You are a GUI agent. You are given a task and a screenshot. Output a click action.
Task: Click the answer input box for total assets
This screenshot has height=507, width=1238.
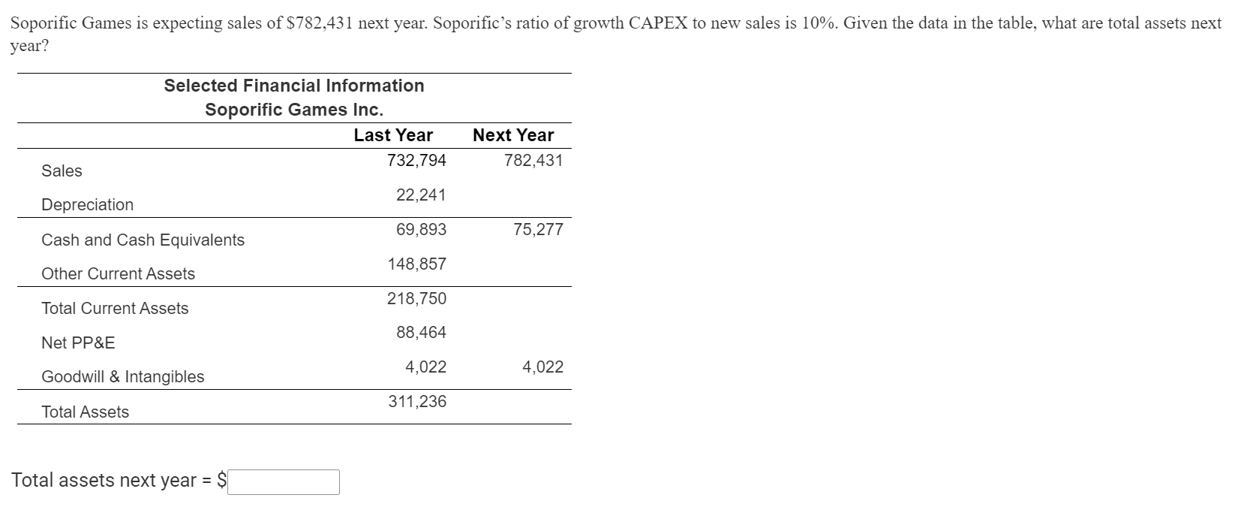click(284, 481)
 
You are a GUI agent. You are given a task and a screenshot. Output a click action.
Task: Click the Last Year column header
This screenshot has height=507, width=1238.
click(393, 135)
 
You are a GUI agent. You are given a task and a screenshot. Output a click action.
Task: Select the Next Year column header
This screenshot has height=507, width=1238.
click(513, 135)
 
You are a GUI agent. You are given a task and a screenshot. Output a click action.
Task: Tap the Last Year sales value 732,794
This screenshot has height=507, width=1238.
click(416, 161)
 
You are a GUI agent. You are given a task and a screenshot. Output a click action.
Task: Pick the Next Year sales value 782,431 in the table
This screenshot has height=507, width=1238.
click(533, 161)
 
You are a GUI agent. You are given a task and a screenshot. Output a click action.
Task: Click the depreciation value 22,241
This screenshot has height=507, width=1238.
click(421, 195)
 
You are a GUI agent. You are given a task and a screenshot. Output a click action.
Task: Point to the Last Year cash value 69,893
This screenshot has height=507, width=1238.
click(421, 230)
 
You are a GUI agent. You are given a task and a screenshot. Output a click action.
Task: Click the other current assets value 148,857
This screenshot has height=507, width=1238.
click(416, 264)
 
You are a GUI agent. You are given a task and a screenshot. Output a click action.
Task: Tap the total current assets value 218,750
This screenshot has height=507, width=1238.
click(416, 299)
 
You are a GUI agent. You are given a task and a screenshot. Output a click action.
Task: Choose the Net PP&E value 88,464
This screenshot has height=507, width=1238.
click(421, 333)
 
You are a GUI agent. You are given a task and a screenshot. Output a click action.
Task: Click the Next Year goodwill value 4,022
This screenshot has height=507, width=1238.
click(542, 367)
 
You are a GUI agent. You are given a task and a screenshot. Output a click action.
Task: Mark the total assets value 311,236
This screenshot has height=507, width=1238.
click(416, 402)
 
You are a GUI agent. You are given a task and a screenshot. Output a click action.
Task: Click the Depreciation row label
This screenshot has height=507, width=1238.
click(87, 205)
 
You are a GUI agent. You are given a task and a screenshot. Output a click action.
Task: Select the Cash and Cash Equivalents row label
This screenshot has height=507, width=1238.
click(143, 240)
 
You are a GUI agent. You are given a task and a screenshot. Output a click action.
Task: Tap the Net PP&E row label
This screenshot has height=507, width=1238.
click(78, 343)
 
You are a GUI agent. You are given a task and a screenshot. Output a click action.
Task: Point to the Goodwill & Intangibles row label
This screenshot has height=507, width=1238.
click(122, 377)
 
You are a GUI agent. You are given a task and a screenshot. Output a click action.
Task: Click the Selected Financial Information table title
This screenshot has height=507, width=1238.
click(294, 86)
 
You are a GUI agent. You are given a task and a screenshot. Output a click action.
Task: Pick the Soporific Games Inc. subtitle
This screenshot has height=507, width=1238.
click(294, 110)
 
